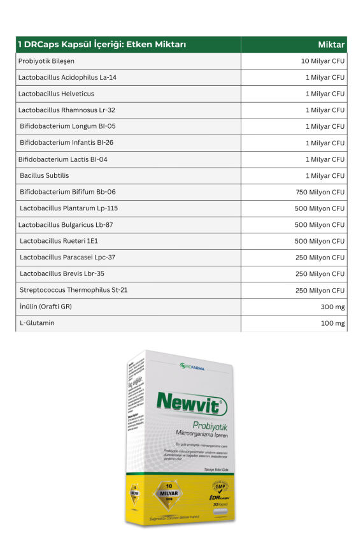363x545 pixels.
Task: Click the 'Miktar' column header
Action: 331,45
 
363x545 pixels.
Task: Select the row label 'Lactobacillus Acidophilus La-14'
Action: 67,77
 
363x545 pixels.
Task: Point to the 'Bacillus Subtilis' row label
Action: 44,175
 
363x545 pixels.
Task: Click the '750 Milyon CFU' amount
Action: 320,192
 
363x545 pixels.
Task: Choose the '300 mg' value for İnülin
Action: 333,307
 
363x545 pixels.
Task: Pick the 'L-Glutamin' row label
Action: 36,323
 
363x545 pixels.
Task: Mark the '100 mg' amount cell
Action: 333,323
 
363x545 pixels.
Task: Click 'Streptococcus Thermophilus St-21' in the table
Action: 73,290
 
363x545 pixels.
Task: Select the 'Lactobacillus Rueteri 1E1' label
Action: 59,241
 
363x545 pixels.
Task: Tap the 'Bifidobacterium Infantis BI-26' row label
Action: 66,143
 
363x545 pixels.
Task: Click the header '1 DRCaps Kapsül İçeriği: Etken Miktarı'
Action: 101,45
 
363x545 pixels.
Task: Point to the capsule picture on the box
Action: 220,512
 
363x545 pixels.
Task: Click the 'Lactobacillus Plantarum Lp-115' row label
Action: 68,208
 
